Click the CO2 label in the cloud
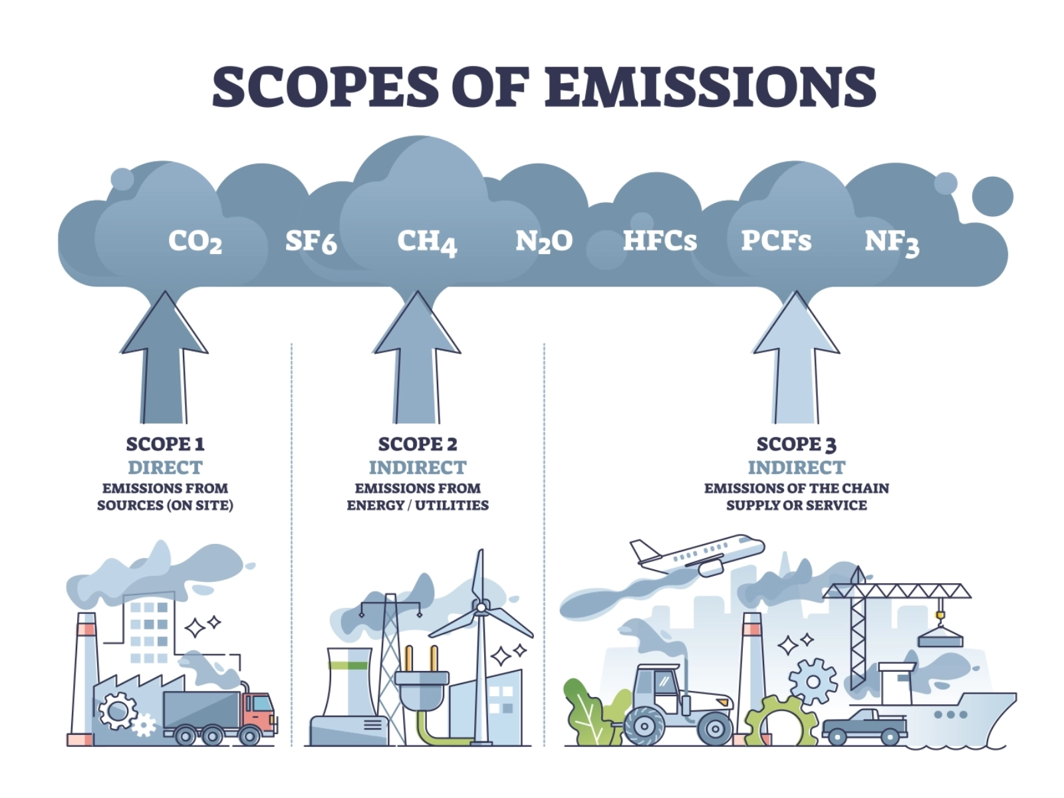point(195,241)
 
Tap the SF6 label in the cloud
point(311,241)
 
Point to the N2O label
point(544,241)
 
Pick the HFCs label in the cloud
point(660,241)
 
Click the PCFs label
point(776,241)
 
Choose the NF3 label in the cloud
point(892,242)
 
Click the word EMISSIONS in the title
point(710,86)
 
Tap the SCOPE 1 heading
point(165,444)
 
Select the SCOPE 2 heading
point(418,444)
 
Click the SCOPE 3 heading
point(796,444)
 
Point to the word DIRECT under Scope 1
point(165,467)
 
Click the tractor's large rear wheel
point(644,726)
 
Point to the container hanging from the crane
point(940,639)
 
